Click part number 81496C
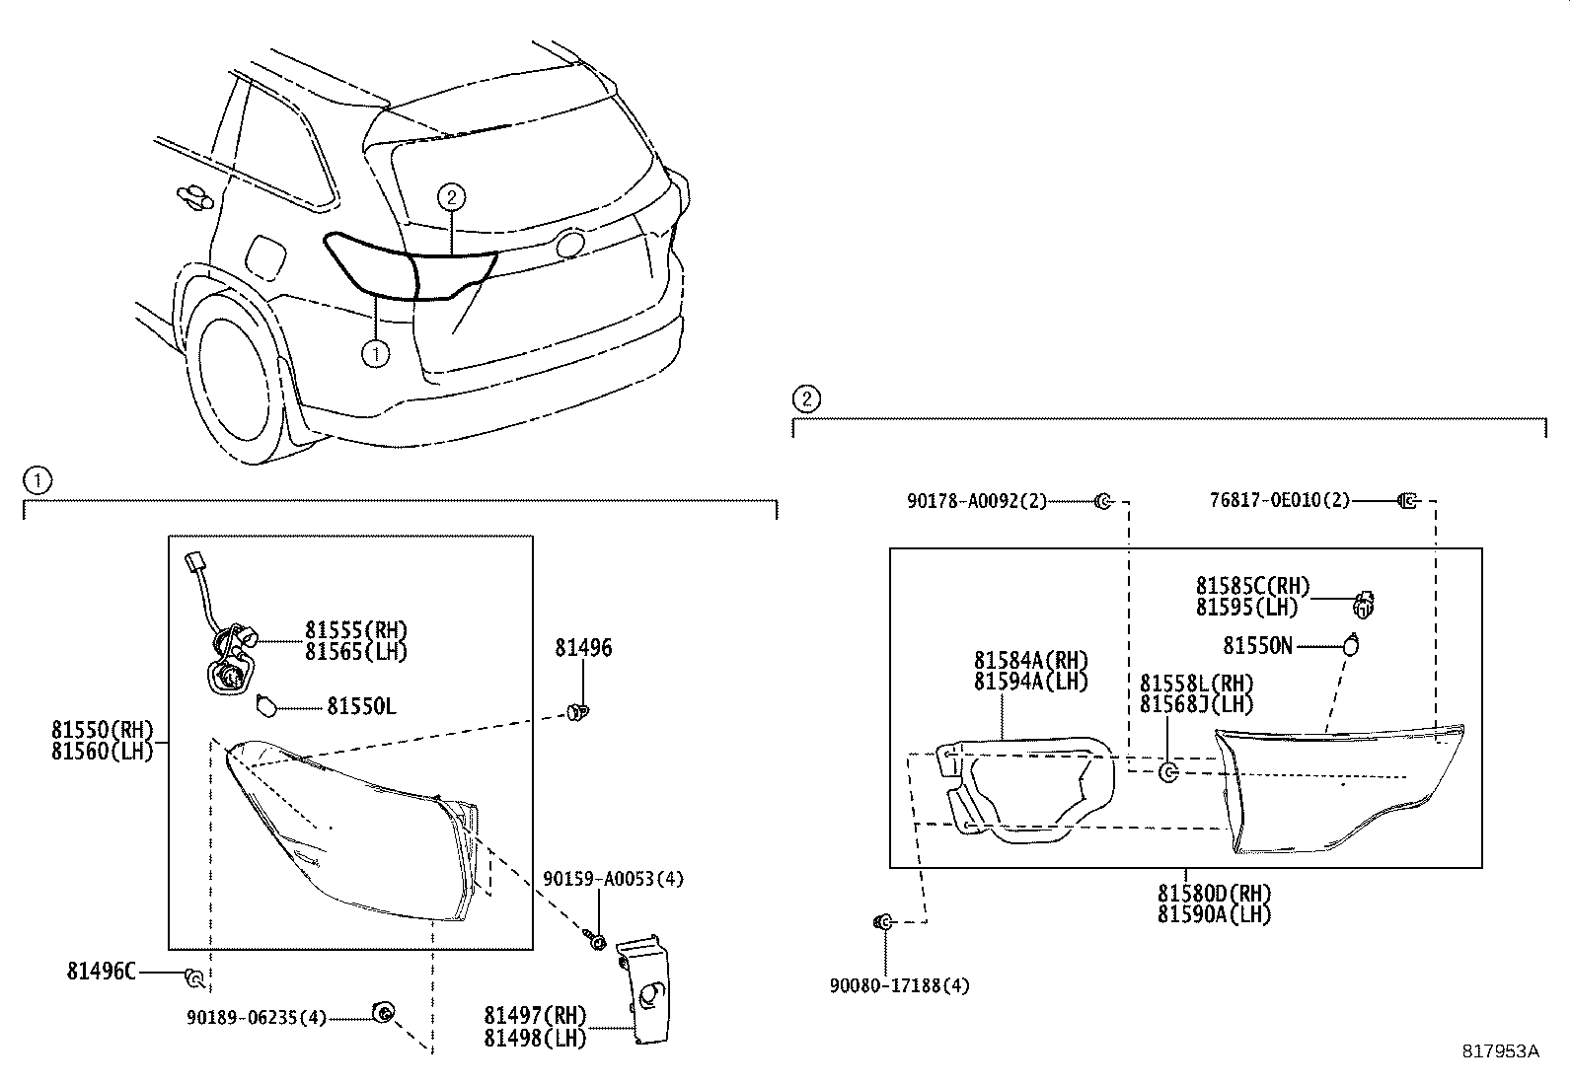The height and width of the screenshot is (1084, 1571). (102, 972)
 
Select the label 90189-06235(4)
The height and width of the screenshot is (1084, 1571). (257, 1018)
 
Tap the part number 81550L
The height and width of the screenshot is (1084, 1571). (362, 706)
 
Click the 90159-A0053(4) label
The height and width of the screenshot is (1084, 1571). (613, 879)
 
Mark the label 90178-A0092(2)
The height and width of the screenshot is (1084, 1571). (977, 501)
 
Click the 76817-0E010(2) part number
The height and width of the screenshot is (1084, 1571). (1279, 501)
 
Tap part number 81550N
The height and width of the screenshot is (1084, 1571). (1257, 646)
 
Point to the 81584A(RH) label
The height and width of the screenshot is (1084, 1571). (1030, 660)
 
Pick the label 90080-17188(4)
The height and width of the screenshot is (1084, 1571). (900, 985)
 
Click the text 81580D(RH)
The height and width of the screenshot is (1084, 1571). (1215, 894)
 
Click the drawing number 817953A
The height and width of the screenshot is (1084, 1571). (1500, 1051)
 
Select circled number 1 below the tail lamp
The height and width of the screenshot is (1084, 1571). (375, 353)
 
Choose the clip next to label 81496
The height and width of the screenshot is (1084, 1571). (579, 710)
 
